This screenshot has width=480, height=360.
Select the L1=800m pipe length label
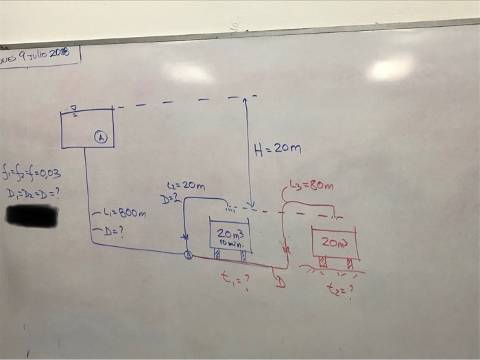(x=121, y=213)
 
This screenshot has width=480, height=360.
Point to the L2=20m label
(x=185, y=186)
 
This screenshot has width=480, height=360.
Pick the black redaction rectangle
(x=31, y=215)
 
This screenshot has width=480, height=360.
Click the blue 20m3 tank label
(x=230, y=234)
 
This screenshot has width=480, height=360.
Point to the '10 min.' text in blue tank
(x=229, y=243)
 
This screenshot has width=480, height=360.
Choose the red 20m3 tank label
(x=335, y=242)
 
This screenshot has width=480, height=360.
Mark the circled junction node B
(x=189, y=256)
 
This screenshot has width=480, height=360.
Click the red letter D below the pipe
(x=279, y=280)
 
